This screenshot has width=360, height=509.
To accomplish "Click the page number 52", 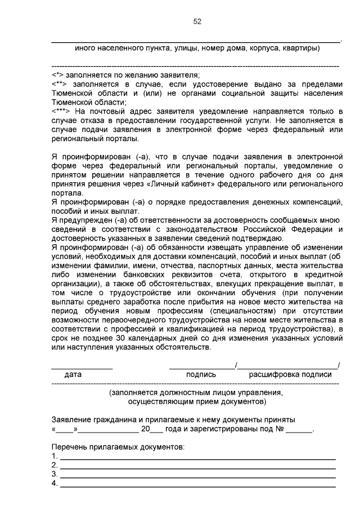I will click(x=197, y=21).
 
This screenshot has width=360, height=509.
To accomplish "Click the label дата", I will click(x=73, y=374).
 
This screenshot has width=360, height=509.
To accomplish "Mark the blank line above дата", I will click(x=82, y=367).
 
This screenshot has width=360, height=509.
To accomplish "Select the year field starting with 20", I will click(x=151, y=429).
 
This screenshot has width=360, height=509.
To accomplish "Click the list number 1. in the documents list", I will click(x=55, y=456).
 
